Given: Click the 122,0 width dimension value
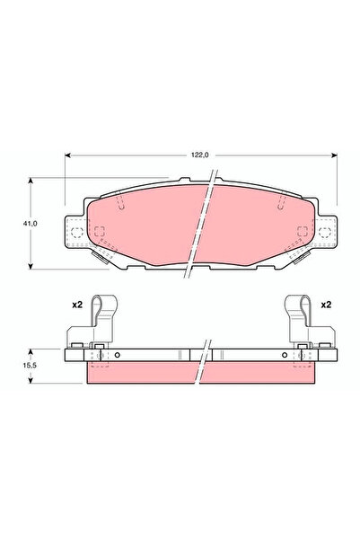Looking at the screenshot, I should point(199,155).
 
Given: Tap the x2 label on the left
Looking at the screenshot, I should point(78,305).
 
